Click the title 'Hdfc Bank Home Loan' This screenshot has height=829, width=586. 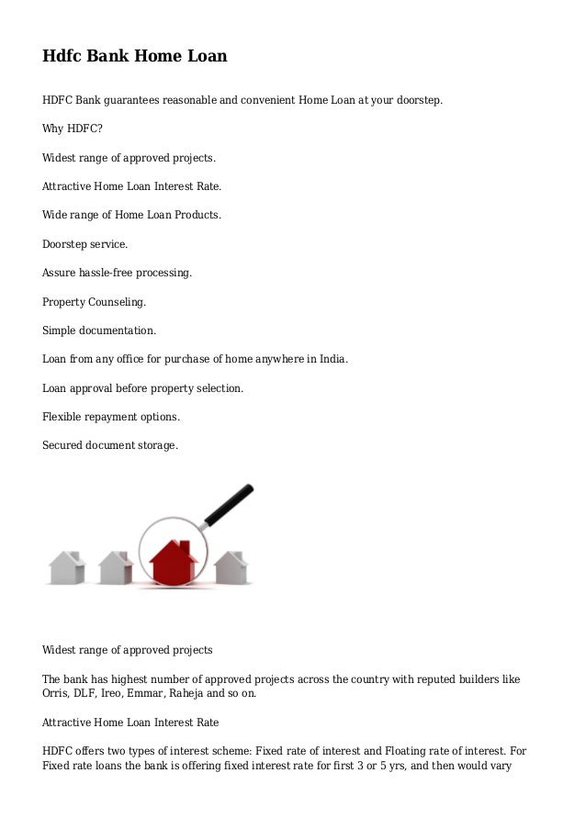pyautogui.click(x=134, y=57)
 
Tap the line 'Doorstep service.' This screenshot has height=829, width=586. pyautogui.click(x=85, y=244)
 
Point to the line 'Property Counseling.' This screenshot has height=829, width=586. pyautogui.click(x=94, y=302)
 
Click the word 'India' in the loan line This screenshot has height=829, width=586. pyautogui.click(x=331, y=359)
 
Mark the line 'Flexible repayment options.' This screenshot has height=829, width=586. pyautogui.click(x=111, y=417)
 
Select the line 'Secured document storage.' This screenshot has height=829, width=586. pyautogui.click(x=110, y=445)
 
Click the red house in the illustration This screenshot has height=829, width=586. pyautogui.click(x=175, y=561)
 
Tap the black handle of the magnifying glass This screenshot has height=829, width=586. pyautogui.click(x=229, y=505)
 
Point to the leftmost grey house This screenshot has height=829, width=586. pyautogui.click(x=67, y=567)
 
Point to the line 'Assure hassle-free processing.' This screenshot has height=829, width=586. pyautogui.click(x=118, y=273)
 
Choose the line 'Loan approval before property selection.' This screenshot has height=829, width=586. pyautogui.click(x=143, y=388)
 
